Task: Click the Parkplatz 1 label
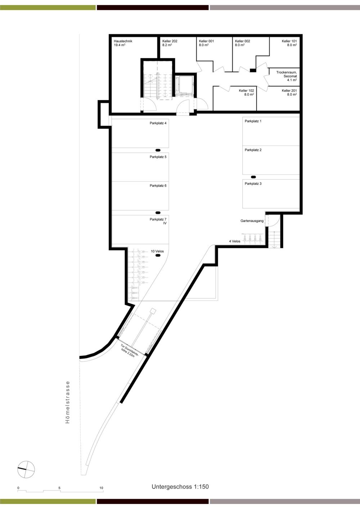tap(253, 121)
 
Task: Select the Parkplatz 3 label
tap(253, 184)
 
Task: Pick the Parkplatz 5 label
tap(158, 157)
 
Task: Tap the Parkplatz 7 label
tap(158, 220)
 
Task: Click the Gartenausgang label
tap(252, 221)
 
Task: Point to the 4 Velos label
tap(235, 241)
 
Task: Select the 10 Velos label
tap(157, 251)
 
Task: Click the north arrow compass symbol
tap(26, 469)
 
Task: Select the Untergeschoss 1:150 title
tap(180, 487)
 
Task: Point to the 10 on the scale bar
tap(102, 488)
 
